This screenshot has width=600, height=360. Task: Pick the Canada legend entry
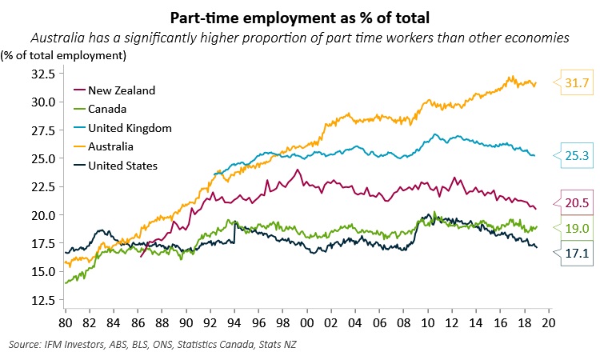108,109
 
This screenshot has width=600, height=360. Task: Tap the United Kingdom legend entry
129,128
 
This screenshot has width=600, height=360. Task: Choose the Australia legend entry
112,147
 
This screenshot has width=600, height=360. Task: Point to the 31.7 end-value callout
573,82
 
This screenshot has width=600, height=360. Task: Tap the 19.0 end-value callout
573,227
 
